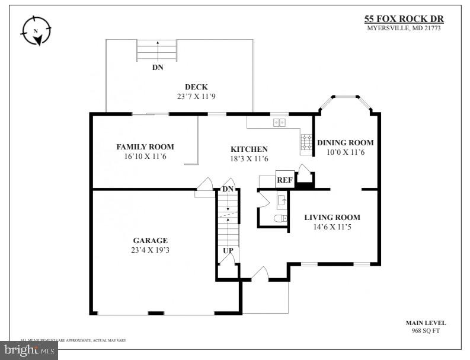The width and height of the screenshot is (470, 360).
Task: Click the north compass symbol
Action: tap(36, 30)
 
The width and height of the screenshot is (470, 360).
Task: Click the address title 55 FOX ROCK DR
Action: tap(402, 18)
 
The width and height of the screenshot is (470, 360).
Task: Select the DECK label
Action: tap(196, 87)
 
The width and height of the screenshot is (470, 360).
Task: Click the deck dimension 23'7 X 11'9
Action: tap(196, 96)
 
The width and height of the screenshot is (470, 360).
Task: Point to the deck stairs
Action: tap(158, 50)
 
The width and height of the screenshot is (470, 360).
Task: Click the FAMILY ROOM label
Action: tap(145, 147)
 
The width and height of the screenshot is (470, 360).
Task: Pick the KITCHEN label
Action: tap(249, 149)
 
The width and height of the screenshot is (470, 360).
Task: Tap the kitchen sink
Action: tap(279, 123)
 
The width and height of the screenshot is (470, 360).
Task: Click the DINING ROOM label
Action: tap(345, 142)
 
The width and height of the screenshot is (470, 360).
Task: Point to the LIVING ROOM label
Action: tap(332, 217)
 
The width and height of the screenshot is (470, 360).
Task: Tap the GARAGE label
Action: tap(150, 240)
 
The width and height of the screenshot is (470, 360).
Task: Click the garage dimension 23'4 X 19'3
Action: tap(150, 250)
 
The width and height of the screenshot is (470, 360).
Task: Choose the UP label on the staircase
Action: tap(228, 250)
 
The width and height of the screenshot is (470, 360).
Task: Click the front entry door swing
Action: tap(260, 274)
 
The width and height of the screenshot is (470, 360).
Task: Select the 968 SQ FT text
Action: tap(426, 331)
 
